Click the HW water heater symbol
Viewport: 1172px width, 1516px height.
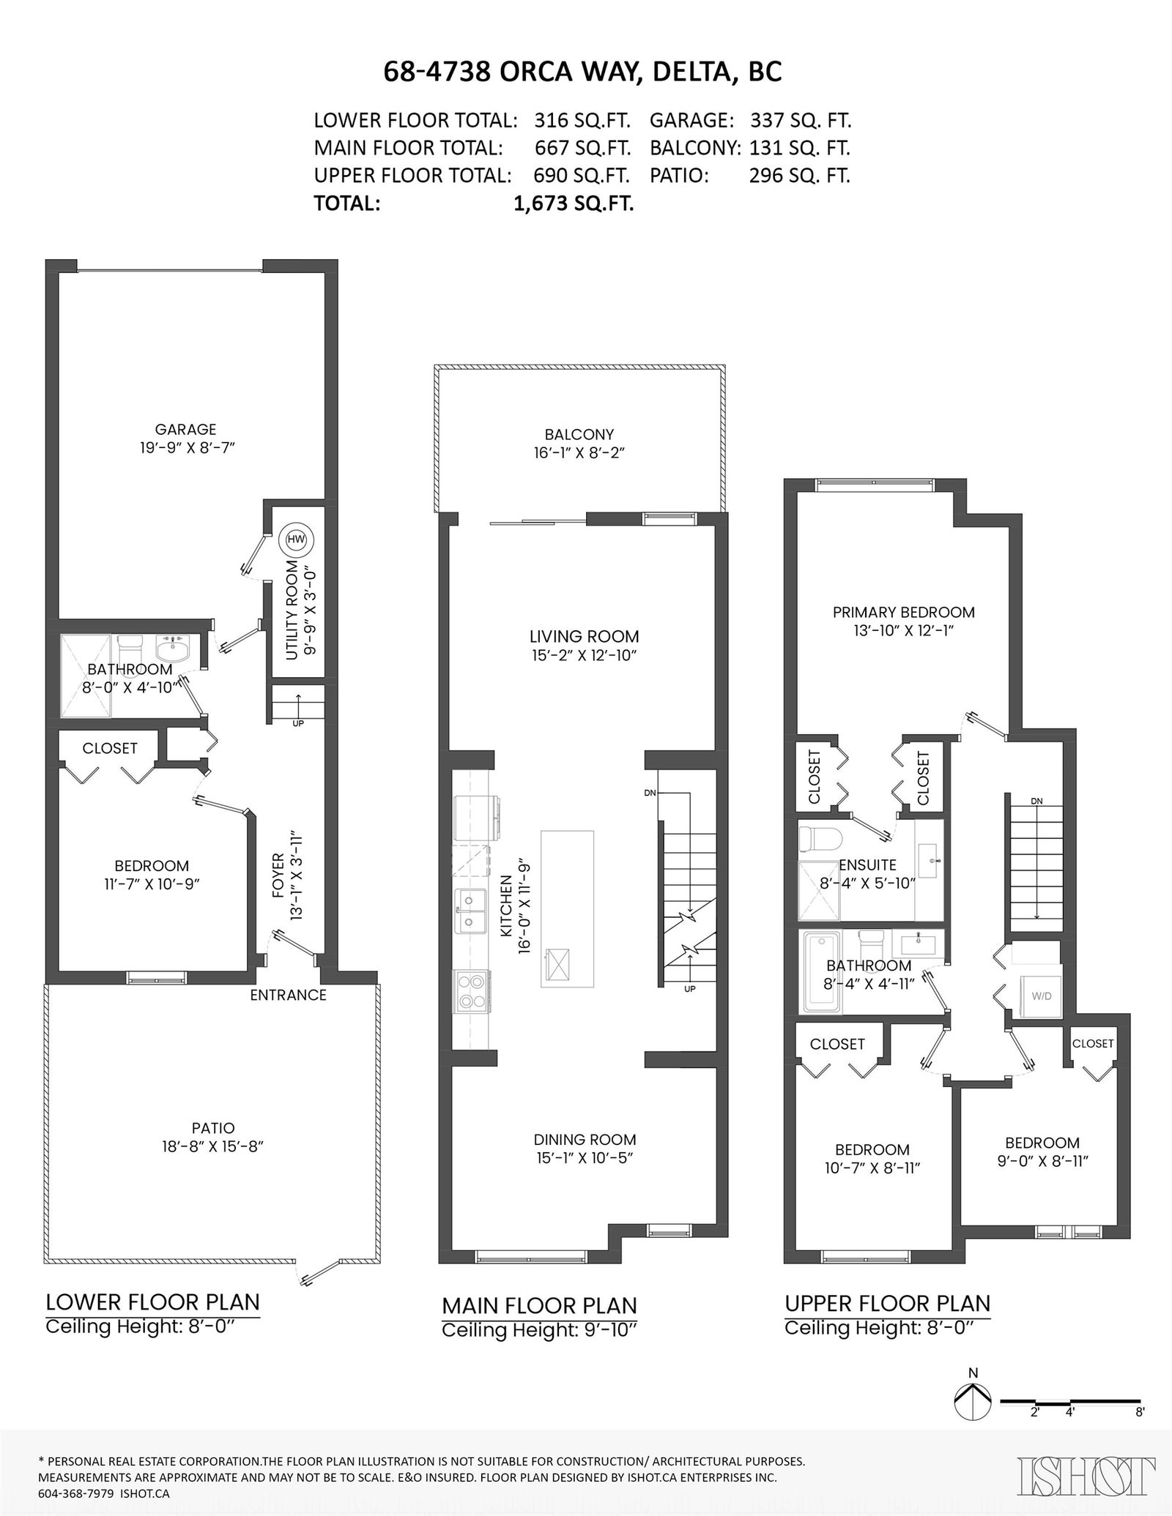[x=296, y=539]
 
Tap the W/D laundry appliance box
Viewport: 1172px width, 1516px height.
[x=1041, y=996]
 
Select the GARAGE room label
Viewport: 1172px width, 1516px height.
[x=185, y=430]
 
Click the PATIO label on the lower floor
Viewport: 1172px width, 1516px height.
[x=213, y=1128]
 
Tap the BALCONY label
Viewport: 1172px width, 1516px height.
[x=579, y=434]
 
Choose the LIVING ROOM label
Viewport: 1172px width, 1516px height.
[x=584, y=636]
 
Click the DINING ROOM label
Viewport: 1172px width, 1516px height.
[x=585, y=1139]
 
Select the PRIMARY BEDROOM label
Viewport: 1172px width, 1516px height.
[x=903, y=612]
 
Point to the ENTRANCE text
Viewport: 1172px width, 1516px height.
[x=288, y=995]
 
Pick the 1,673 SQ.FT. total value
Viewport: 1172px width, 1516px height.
[x=574, y=203]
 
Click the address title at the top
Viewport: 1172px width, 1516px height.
[x=583, y=71]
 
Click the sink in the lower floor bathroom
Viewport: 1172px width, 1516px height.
[x=174, y=647]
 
